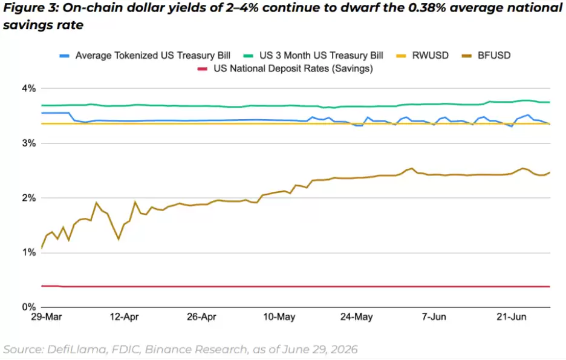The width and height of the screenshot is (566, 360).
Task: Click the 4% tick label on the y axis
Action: click(29, 88)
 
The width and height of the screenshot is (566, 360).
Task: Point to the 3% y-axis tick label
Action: click(29, 143)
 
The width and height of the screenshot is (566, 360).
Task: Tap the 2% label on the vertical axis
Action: click(29, 198)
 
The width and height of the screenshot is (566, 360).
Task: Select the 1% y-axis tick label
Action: click(29, 252)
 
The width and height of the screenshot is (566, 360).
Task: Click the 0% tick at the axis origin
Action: click(29, 307)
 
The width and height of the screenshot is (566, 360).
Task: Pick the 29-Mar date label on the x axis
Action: click(46, 317)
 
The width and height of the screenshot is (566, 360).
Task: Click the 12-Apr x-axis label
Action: click(124, 317)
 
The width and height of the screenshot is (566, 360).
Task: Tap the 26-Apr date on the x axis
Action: click(201, 317)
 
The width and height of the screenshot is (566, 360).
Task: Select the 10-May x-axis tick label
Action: click(279, 317)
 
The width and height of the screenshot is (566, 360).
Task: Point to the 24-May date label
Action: click(356, 317)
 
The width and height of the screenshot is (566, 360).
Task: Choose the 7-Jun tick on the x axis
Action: click(434, 317)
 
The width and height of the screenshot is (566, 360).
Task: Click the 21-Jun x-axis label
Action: click(511, 317)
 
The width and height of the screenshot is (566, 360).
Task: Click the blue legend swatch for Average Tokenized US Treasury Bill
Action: click(64, 56)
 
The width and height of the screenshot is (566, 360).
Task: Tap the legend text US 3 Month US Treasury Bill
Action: click(321, 56)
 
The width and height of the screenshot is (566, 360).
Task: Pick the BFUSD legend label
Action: click(494, 56)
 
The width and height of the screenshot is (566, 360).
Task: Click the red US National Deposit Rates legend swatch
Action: click(203, 69)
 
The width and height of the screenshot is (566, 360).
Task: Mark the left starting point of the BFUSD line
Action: click(42, 248)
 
